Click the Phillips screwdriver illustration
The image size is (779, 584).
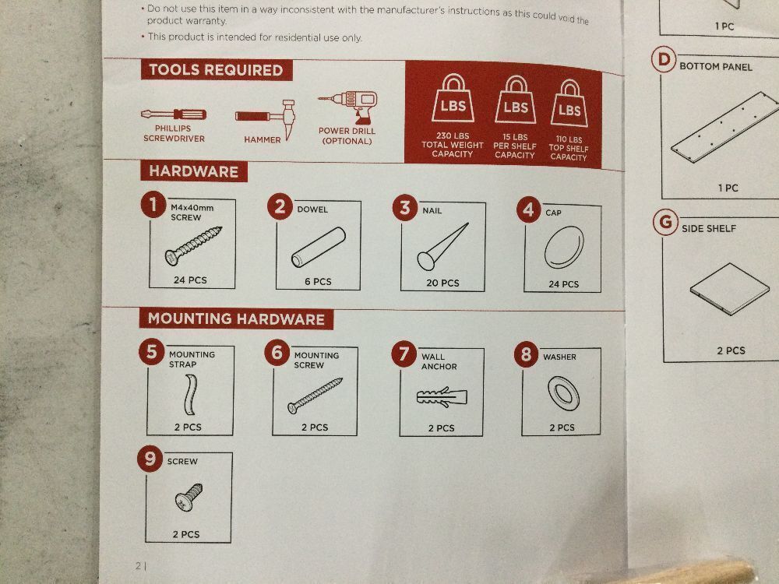pos(174,114)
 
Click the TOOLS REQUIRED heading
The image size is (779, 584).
pos(216,70)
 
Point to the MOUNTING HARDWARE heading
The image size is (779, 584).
pos(236,318)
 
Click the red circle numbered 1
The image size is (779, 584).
pos(153,205)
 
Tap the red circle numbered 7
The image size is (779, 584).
pos(404,354)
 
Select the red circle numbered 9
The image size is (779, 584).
pos(150,459)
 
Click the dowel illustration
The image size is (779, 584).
pos(319,248)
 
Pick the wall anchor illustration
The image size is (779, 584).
pos(442,397)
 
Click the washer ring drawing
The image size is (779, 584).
pos(563,393)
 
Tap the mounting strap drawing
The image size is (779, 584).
pos(190,395)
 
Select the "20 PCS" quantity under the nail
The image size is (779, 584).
pos(442,283)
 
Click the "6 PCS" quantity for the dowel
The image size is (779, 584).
pos(318,282)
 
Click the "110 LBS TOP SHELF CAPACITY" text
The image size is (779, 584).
pos(569,149)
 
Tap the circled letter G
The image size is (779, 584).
pos(666,223)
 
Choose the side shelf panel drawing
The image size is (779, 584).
pos(729,289)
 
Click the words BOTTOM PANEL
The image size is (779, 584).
pos(716,66)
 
